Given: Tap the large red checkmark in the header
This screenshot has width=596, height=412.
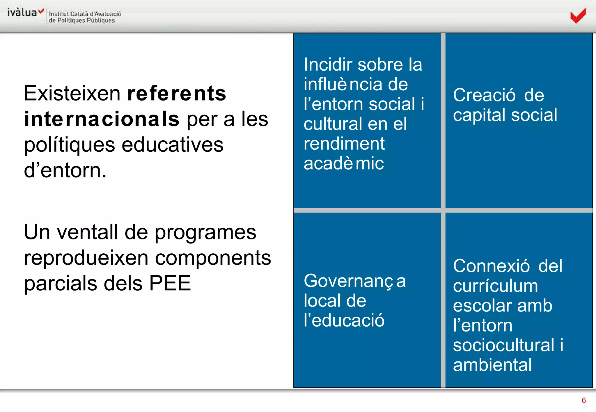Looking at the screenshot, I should coord(578,16).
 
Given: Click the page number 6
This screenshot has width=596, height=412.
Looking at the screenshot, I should coord(583,400).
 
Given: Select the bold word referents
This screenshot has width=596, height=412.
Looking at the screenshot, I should coord(177,94).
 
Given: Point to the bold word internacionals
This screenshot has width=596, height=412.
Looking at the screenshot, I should coord(102,119).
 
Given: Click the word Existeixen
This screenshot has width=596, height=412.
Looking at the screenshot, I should coord(72,94).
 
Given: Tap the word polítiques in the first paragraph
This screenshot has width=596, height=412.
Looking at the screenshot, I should coord(69,145).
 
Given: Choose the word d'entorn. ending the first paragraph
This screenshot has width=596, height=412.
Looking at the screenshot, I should coord(65,171).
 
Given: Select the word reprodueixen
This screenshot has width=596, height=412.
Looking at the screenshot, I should coord(86,258).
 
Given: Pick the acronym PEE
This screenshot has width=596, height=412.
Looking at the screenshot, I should coord(170,283).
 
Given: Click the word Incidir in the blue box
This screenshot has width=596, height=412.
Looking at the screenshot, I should coord(328,65).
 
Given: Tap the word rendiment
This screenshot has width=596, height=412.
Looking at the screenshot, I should coord(344,144).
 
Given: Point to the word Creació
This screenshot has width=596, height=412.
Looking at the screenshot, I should coord(484,95).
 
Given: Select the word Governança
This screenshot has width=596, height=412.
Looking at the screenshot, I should coord(354,281).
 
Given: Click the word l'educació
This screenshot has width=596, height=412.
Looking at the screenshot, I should coord(344,320).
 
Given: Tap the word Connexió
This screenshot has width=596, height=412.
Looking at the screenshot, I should coord(491,266).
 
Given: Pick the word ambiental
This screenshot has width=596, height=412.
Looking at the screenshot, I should coord(492,365).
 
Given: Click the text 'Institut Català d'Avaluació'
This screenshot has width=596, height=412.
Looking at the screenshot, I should coord(85,14).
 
